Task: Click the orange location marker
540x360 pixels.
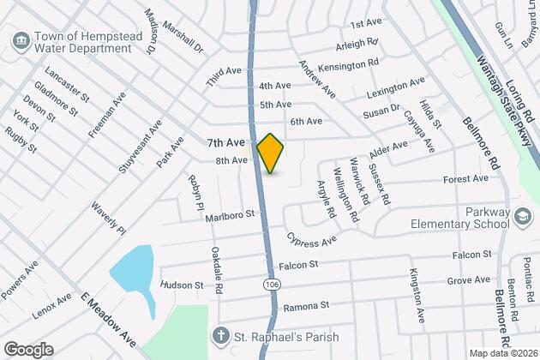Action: coord(270,153)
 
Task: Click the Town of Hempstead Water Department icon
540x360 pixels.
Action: coord(21,40)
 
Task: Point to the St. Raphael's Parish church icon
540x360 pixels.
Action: coord(220,336)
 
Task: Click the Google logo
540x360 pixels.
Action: coord(27,349)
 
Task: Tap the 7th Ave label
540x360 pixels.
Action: coord(226,141)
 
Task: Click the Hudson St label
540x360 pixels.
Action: coord(182,285)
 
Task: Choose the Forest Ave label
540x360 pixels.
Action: coord(465,178)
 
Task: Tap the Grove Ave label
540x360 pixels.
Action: coord(469,280)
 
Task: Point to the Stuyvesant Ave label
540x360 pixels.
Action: coord(141,147)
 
